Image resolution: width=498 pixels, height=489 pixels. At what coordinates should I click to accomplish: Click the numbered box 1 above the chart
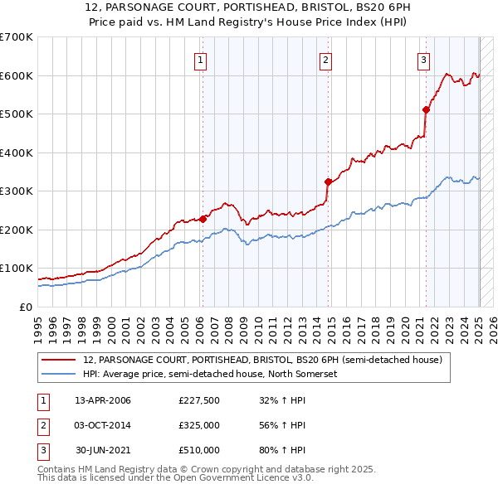coord(201,59)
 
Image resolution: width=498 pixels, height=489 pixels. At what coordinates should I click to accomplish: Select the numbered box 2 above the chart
coord(325,59)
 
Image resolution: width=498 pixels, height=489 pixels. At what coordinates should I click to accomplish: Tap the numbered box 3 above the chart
coord(423,59)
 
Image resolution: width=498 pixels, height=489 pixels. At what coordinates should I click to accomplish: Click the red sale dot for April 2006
coord(203,219)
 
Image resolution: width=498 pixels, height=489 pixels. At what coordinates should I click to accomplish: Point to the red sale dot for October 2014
coord(328,182)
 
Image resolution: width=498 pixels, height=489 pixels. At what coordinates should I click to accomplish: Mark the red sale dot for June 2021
coord(426,109)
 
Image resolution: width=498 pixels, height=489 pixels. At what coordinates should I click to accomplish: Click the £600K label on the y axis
coord(16,75)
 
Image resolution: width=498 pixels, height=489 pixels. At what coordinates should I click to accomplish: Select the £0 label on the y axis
coord(27,307)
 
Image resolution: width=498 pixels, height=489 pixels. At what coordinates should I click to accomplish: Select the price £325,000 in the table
coord(199,425)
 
